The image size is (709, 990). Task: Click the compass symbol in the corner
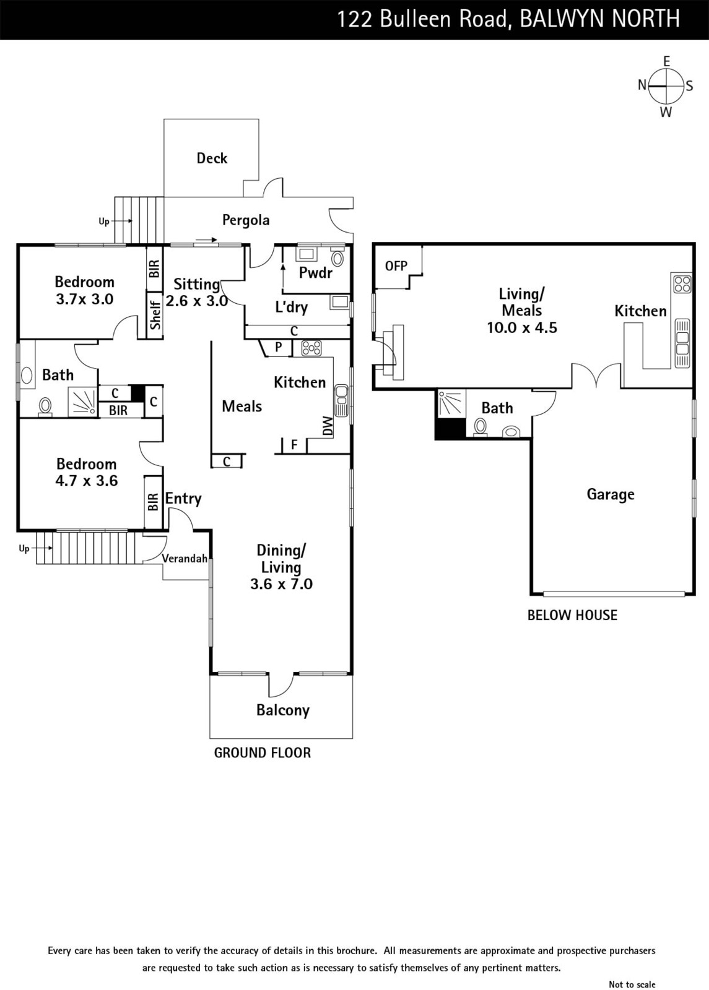[666, 86]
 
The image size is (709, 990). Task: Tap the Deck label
[212, 158]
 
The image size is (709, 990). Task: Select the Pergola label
[246, 220]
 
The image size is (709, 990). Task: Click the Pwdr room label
[316, 273]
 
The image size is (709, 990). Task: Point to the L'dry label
[291, 307]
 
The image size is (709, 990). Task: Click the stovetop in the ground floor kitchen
[311, 348]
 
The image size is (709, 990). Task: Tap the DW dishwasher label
[328, 426]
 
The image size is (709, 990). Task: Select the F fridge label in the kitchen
[294, 445]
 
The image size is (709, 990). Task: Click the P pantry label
[279, 347]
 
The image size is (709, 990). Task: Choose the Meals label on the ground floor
[241, 407]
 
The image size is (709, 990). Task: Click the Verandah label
[185, 559]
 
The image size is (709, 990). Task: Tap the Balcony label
[283, 710]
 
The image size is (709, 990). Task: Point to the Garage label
[611, 494]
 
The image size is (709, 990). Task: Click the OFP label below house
[396, 266]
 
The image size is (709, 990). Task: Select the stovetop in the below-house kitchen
[682, 284]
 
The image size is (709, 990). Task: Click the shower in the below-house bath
[451, 403]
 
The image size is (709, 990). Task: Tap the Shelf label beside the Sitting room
[155, 316]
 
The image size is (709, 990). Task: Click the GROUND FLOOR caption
[263, 753]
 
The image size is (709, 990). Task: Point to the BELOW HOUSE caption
[572, 615]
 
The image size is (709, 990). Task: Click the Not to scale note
[632, 984]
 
